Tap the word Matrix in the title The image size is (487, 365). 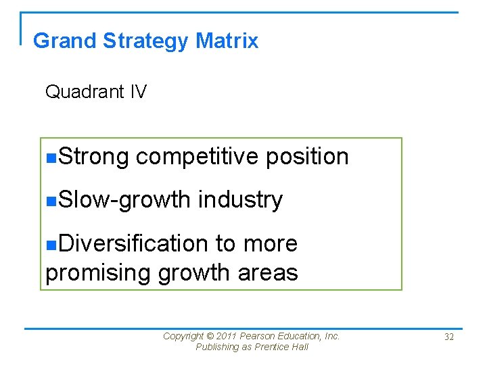click(227, 41)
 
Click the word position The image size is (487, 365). click(307, 157)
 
